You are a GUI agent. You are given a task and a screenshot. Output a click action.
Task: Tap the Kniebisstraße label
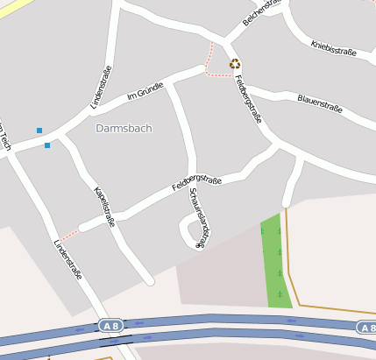coord(333,46)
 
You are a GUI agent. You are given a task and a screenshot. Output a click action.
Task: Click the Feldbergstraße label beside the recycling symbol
coord(249,99)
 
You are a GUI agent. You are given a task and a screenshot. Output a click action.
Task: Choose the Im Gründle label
coord(145,90)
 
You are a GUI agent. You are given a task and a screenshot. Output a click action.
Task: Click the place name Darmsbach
coord(124,128)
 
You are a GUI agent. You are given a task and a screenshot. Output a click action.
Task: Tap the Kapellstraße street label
coord(104,206)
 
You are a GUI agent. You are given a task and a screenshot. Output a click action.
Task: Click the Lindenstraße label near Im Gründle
coord(102,87)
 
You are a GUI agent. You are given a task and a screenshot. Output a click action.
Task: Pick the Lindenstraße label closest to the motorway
coord(67,259)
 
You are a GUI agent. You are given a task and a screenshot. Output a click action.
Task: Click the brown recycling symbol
coord(235,63)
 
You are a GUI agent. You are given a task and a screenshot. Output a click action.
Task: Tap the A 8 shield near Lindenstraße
coord(110,325)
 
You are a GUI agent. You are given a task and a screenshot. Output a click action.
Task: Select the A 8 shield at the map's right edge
coord(367,328)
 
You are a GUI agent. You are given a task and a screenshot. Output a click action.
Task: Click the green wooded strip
coord(276,263)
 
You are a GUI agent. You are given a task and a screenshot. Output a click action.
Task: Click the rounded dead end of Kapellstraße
coord(150,281)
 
